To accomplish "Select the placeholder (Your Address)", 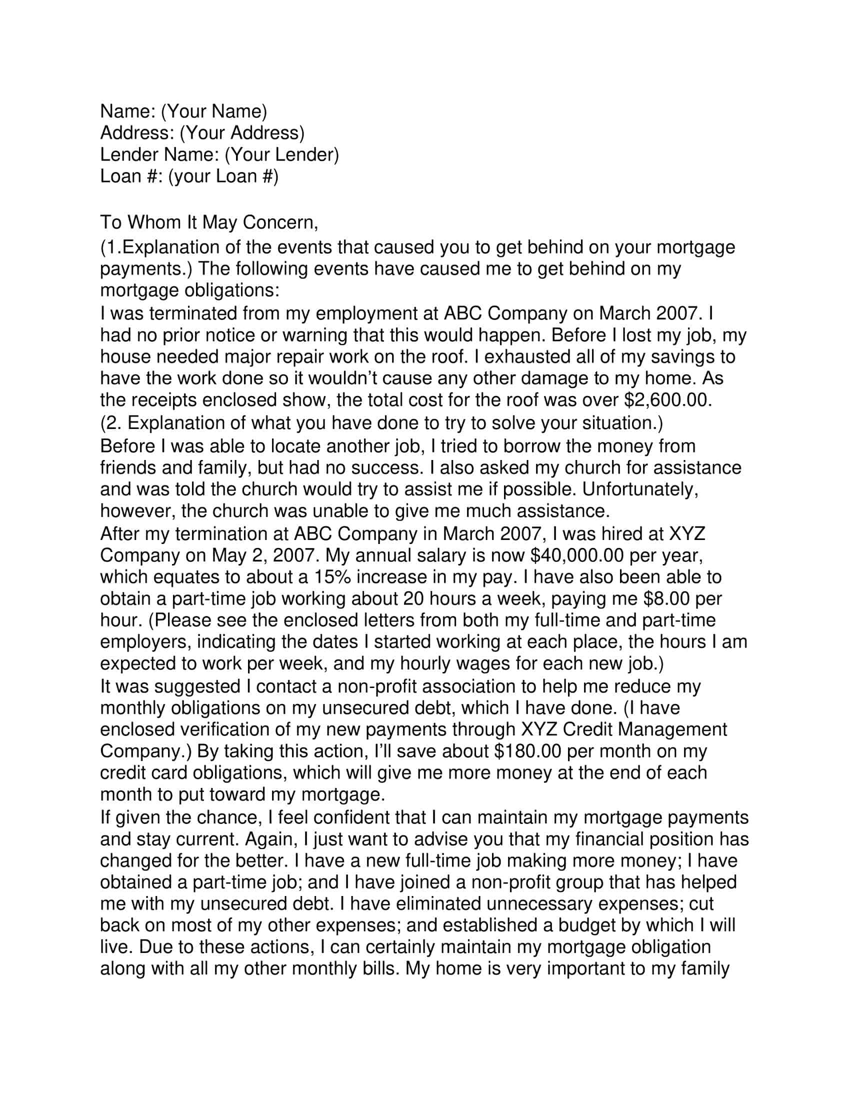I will pyautogui.click(x=242, y=133).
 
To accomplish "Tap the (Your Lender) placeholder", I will pyautogui.click(x=281, y=154).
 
